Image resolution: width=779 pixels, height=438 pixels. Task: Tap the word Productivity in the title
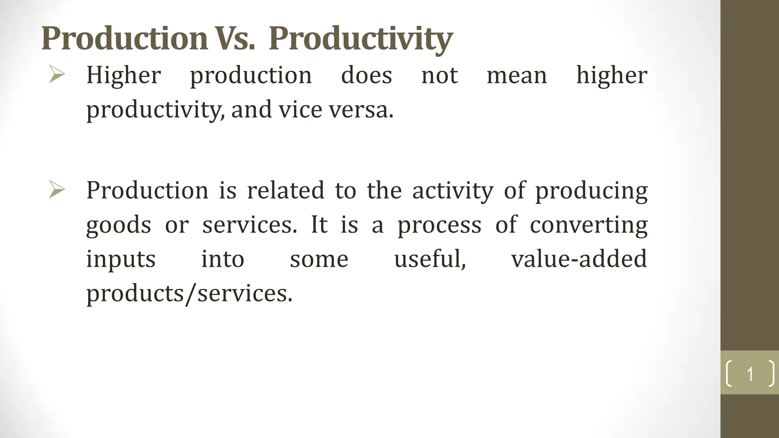click(x=361, y=39)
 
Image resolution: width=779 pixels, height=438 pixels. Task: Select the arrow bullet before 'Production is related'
click(x=57, y=189)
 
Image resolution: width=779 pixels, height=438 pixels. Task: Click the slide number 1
click(x=750, y=374)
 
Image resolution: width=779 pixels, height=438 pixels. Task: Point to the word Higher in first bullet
click(x=124, y=75)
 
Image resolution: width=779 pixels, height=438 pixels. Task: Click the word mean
click(x=517, y=76)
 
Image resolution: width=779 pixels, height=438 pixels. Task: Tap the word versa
click(x=361, y=110)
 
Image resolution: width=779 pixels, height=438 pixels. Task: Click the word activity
click(x=453, y=190)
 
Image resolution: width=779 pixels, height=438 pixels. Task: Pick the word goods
click(x=119, y=225)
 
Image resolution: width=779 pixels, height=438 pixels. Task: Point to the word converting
click(x=588, y=225)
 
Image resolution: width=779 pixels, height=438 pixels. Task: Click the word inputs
click(x=121, y=260)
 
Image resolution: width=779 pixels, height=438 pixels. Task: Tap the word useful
click(x=430, y=259)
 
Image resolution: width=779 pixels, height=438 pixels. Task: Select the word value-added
click(x=579, y=259)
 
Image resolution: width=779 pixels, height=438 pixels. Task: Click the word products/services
click(x=189, y=294)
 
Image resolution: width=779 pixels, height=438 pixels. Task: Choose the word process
click(x=439, y=225)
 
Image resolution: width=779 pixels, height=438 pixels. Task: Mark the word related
click(x=286, y=190)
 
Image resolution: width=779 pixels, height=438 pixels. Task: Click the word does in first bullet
click(x=366, y=75)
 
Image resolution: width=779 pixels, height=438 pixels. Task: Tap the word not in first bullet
click(x=439, y=76)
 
